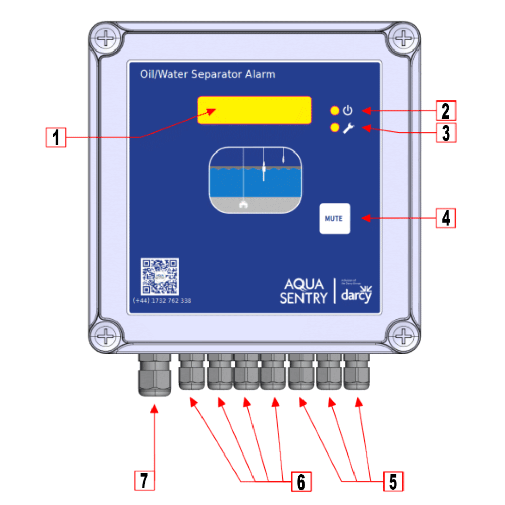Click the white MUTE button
click(x=335, y=219)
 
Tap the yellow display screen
click(x=254, y=110)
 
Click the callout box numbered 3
click(x=446, y=133)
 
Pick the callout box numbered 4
click(x=446, y=218)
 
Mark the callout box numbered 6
click(x=301, y=482)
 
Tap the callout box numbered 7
click(x=144, y=481)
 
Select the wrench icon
click(x=348, y=128)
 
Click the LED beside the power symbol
click(x=334, y=111)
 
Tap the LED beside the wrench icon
click(x=334, y=128)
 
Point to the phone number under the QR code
click(x=162, y=301)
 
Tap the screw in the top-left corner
click(x=106, y=38)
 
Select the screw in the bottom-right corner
click(x=403, y=334)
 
